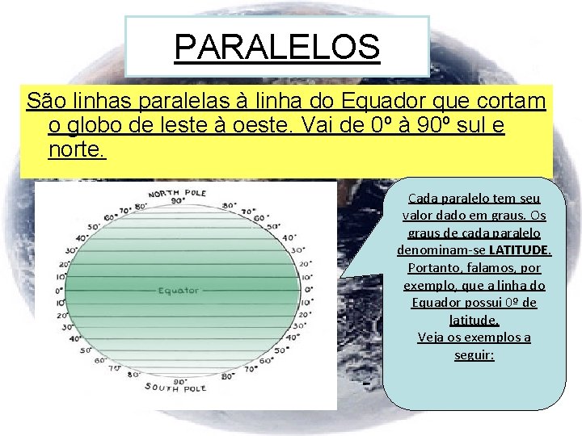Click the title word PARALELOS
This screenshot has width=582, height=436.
(277, 47)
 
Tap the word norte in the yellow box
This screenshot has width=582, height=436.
(75, 149)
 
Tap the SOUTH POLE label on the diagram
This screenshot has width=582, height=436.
(175, 388)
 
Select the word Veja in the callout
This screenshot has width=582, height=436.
(433, 337)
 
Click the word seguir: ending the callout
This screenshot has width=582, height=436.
(474, 354)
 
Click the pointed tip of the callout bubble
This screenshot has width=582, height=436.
(340, 277)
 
